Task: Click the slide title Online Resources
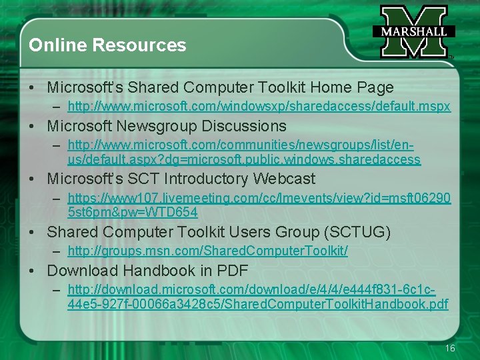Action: tap(107, 45)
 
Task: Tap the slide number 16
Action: tap(450, 349)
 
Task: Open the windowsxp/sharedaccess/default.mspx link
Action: tap(259, 107)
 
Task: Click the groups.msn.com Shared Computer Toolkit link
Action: tap(207, 251)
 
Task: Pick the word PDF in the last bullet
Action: tap(233, 271)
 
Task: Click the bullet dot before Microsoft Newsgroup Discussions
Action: tap(32, 127)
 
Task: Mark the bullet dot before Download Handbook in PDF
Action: tap(32, 271)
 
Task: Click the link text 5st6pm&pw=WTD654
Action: tap(132, 213)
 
